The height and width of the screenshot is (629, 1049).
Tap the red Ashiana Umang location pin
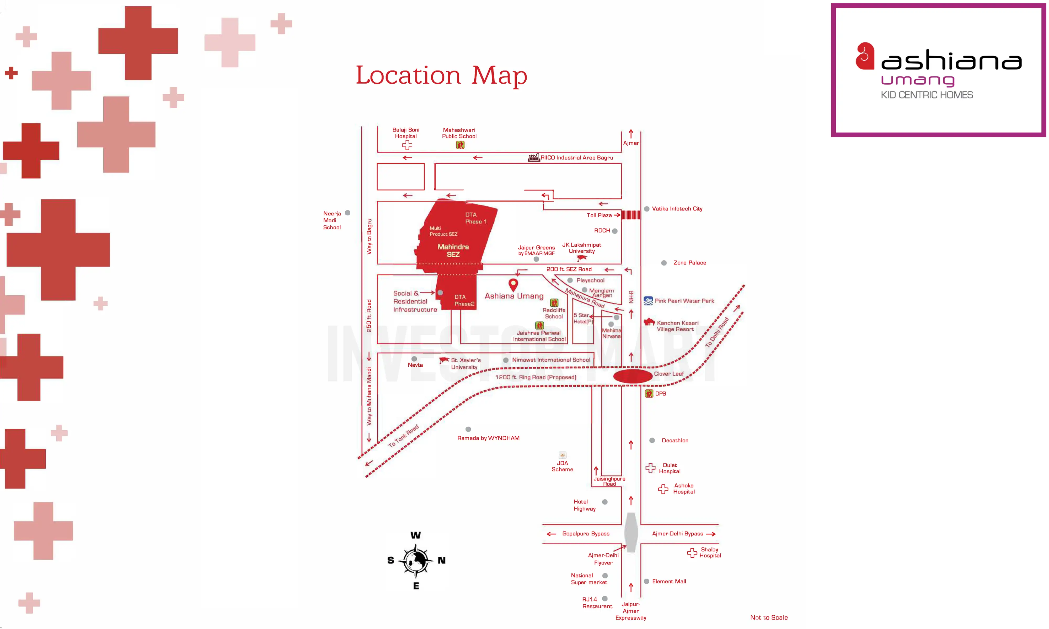513,284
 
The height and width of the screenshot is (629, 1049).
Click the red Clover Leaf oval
632,376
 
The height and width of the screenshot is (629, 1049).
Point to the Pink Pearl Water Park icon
648,301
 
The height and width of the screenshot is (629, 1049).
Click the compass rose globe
415,560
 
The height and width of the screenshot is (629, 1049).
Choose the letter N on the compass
441,560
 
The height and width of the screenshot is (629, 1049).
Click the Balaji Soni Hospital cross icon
407,145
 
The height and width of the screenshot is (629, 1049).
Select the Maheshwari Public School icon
460,145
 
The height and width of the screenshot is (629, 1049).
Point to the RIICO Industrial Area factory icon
533,158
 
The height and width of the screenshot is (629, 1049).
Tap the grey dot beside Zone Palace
664,263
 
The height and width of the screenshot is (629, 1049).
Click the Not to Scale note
768,617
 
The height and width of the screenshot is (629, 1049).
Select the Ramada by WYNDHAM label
488,438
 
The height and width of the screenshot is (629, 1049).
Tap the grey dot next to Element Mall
647,582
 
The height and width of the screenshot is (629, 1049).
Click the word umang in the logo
918,80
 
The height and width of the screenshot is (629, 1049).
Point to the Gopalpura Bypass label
586,534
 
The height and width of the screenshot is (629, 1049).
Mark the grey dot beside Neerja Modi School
348,213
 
